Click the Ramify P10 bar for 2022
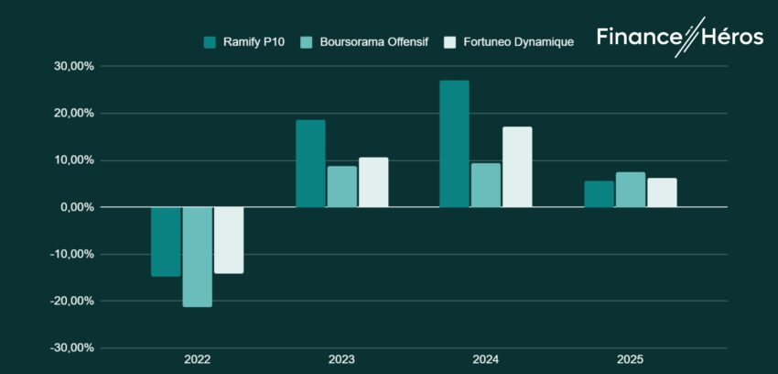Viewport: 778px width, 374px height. point(166,241)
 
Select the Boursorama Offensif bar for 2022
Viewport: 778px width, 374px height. point(197,257)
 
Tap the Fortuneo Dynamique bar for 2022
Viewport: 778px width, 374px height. point(229,240)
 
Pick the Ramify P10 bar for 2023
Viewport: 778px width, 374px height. point(310,163)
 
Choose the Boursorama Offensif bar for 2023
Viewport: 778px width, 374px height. point(341,186)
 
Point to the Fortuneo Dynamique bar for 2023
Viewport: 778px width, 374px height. point(373,182)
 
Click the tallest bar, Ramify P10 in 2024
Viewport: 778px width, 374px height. point(454,144)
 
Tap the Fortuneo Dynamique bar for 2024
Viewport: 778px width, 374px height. point(517,167)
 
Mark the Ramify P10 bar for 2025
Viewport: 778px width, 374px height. point(599,194)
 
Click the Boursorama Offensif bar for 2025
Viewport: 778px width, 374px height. point(630,190)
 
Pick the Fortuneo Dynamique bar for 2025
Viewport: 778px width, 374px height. point(662,192)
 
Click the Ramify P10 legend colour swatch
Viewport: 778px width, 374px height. point(210,41)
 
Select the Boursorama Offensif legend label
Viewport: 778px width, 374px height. point(373,41)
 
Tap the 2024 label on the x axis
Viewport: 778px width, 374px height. point(485,359)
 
